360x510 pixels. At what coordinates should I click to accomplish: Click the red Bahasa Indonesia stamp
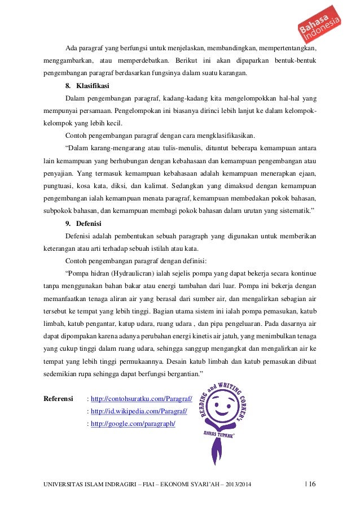click(319, 25)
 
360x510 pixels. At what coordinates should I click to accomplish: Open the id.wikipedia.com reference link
click(139, 411)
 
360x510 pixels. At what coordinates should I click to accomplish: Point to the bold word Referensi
click(59, 399)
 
